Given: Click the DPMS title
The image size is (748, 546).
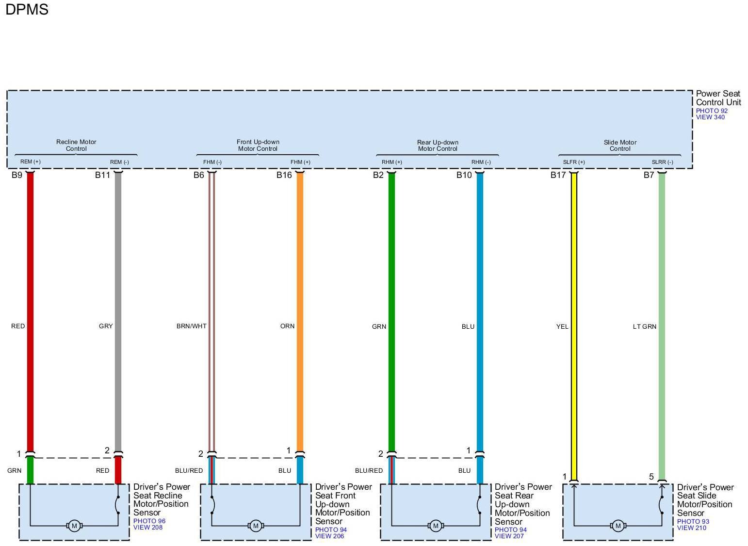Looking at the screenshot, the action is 27,10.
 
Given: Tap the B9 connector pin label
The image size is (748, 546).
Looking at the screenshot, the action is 17,175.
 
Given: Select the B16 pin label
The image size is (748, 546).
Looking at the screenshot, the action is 284,175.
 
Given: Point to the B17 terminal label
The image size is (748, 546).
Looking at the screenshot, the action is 558,175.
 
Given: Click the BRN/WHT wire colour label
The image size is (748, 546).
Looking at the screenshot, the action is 191,326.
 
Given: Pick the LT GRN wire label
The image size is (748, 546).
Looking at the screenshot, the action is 644,327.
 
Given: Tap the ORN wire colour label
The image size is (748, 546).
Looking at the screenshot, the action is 287,326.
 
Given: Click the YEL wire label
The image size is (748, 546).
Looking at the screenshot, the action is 562,327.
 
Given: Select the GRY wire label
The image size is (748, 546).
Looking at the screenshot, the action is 106,326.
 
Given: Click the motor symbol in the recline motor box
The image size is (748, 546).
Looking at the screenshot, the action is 74,526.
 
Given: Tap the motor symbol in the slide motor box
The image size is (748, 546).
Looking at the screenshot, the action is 618,526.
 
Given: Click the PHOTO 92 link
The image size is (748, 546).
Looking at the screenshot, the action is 712,111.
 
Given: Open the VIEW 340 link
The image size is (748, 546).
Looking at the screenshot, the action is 710,117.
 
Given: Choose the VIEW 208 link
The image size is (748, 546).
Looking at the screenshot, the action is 148,528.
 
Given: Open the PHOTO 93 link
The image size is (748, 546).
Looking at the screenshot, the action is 693,522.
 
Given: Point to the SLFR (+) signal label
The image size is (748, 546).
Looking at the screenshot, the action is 574,162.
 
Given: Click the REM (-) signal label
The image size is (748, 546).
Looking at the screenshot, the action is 119,162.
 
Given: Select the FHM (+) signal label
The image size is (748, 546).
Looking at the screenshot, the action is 300,162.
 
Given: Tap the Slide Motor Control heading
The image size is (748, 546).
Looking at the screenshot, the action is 620,145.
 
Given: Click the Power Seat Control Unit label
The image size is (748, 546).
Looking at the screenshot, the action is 718,98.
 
